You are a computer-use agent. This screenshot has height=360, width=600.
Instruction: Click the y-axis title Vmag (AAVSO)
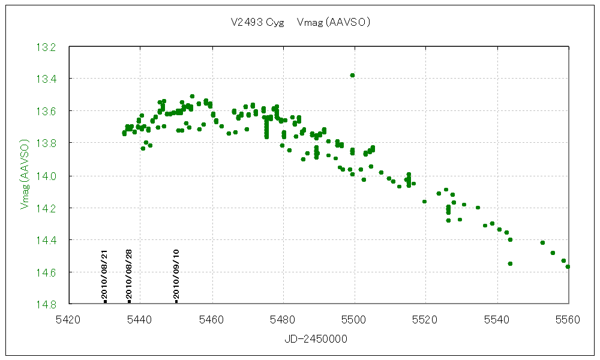click(25, 175)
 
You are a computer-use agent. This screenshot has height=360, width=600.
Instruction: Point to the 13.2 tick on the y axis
click(47, 47)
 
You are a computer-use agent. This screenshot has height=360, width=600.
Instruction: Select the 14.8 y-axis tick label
click(47, 304)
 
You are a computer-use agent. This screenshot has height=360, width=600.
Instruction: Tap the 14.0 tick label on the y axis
click(47, 175)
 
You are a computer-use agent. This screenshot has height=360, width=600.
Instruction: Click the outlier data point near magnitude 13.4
click(352, 75)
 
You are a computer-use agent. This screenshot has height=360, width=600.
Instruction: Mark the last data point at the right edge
click(568, 266)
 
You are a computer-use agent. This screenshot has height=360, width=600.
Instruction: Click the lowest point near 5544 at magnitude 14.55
click(510, 263)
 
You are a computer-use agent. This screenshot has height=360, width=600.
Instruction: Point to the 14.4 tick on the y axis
click(47, 239)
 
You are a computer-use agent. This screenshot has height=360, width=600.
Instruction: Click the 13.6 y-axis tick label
click(47, 111)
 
